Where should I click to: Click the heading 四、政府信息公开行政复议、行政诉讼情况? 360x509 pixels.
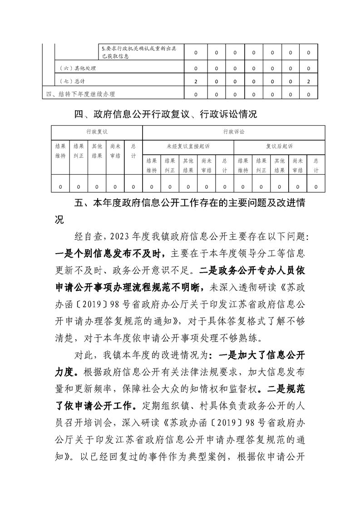click(165, 114)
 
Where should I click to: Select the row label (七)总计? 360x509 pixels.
click(73, 81)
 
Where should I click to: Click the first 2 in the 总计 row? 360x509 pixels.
click(195, 81)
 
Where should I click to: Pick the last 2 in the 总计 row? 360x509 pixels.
click(309, 81)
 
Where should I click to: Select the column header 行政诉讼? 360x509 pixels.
click(233, 132)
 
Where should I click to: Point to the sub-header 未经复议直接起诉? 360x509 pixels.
click(188, 147)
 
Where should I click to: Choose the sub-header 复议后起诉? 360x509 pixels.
click(279, 147)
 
